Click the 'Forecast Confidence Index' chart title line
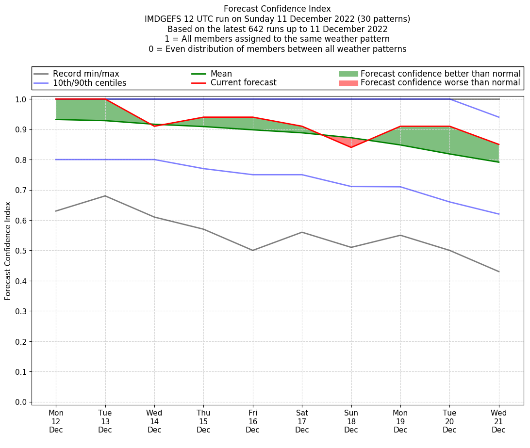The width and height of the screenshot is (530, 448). (277, 9)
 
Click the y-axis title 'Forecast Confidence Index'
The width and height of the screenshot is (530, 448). (8, 251)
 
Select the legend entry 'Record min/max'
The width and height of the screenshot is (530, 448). (86, 74)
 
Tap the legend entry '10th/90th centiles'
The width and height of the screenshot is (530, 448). (89, 83)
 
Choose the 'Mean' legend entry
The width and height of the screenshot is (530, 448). (221, 74)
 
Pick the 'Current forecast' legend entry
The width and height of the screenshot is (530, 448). (243, 83)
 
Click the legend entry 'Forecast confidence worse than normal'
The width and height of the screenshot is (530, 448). (440, 83)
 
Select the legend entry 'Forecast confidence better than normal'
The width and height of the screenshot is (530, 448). (440, 74)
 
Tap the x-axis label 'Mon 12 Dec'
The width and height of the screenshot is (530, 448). (56, 421)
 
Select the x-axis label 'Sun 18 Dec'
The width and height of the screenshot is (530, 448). (351, 421)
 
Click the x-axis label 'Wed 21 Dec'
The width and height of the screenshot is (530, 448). (498, 421)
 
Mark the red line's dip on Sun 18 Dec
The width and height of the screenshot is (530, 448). (351, 147)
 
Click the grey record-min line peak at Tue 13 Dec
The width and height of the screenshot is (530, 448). (105, 196)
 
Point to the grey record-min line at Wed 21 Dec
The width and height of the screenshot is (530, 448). (498, 272)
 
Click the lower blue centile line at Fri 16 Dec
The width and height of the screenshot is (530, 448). (253, 175)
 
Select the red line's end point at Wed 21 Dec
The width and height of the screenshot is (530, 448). (498, 144)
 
